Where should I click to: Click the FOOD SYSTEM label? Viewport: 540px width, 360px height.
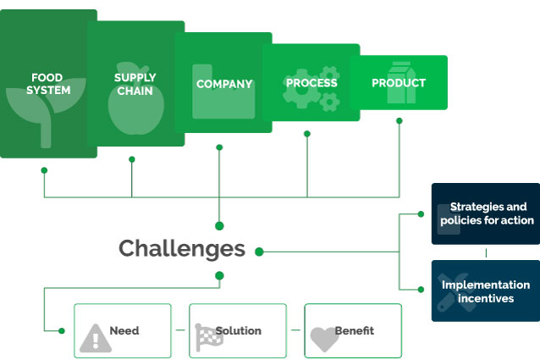pyautogui.click(x=48, y=84)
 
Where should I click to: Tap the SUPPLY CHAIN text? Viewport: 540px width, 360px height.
pyautogui.click(x=135, y=84)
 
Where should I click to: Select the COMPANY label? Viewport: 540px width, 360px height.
pyautogui.click(x=224, y=84)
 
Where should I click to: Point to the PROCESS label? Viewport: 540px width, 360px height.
pyautogui.click(x=311, y=83)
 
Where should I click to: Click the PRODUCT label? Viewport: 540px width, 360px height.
pyautogui.click(x=399, y=83)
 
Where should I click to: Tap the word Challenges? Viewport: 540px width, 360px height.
pyautogui.click(x=182, y=249)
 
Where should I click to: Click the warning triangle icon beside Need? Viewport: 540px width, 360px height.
pyautogui.click(x=96, y=338)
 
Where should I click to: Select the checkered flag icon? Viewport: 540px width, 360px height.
pyautogui.click(x=209, y=337)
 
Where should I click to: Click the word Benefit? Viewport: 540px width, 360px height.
pyautogui.click(x=355, y=330)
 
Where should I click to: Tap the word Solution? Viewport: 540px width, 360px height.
pyautogui.click(x=239, y=330)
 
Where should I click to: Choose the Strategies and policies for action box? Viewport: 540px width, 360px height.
pyautogui.click(x=486, y=213)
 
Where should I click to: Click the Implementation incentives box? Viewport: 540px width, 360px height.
pyautogui.click(x=486, y=291)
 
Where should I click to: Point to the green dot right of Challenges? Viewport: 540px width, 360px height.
pyautogui.click(x=259, y=252)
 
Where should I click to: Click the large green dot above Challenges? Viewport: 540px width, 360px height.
pyautogui.click(x=219, y=226)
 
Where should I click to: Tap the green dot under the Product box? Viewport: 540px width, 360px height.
pyautogui.click(x=399, y=121)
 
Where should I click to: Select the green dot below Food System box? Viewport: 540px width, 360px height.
pyautogui.click(x=44, y=170)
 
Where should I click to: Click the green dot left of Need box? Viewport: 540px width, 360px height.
pyautogui.click(x=62, y=330)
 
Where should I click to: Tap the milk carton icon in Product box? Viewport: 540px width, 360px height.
pyautogui.click(x=401, y=83)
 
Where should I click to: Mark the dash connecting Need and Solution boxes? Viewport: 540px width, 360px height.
pyautogui.click(x=180, y=330)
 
